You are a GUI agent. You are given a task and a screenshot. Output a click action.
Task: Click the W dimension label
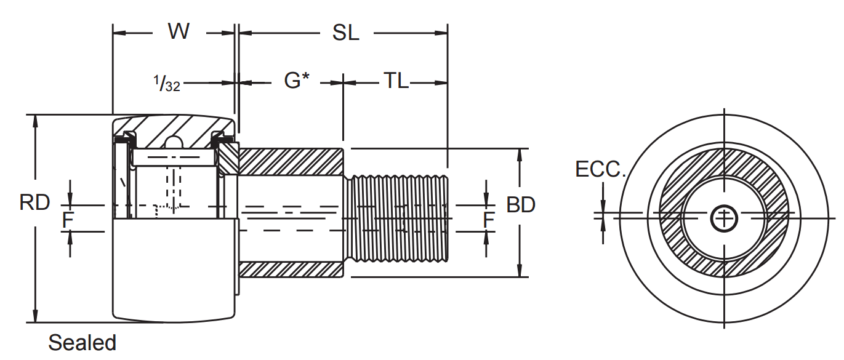179,32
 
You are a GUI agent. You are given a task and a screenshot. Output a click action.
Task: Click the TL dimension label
396,81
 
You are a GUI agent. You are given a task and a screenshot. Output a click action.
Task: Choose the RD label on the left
34,202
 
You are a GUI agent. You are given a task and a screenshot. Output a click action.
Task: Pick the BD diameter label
520,205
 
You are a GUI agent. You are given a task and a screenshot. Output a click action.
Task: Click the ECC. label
600,170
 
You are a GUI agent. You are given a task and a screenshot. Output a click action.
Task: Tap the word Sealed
82,343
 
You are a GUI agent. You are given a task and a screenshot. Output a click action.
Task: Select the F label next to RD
67,220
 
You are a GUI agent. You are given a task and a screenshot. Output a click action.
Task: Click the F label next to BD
488,220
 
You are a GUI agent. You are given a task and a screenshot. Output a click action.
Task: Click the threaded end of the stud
398,218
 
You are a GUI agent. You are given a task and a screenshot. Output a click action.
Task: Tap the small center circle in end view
724,218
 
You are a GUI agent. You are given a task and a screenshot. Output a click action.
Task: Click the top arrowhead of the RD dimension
36,121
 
